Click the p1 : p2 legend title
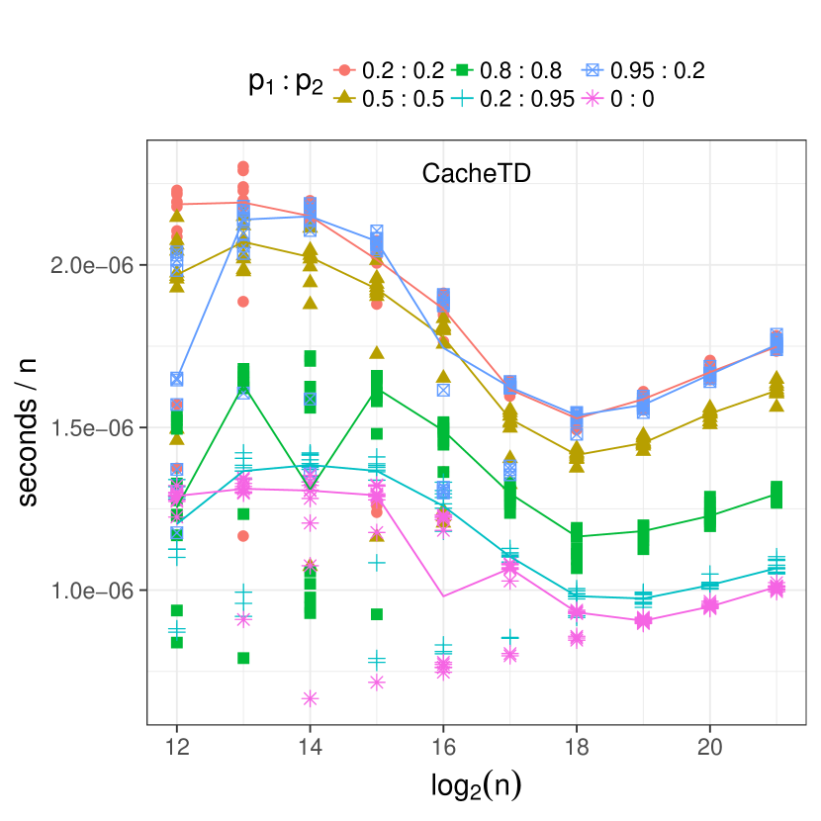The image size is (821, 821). [x=285, y=85]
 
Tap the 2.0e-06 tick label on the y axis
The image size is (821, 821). [x=92, y=266]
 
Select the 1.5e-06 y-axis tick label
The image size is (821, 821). [x=92, y=428]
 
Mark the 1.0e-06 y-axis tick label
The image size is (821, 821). [x=92, y=591]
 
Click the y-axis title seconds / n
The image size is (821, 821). [x=32, y=431]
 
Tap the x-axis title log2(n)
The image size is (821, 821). [x=476, y=785]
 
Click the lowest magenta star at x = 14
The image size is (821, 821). [x=310, y=698]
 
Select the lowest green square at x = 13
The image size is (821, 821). [x=243, y=658]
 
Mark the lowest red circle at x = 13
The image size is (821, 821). [x=243, y=536]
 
